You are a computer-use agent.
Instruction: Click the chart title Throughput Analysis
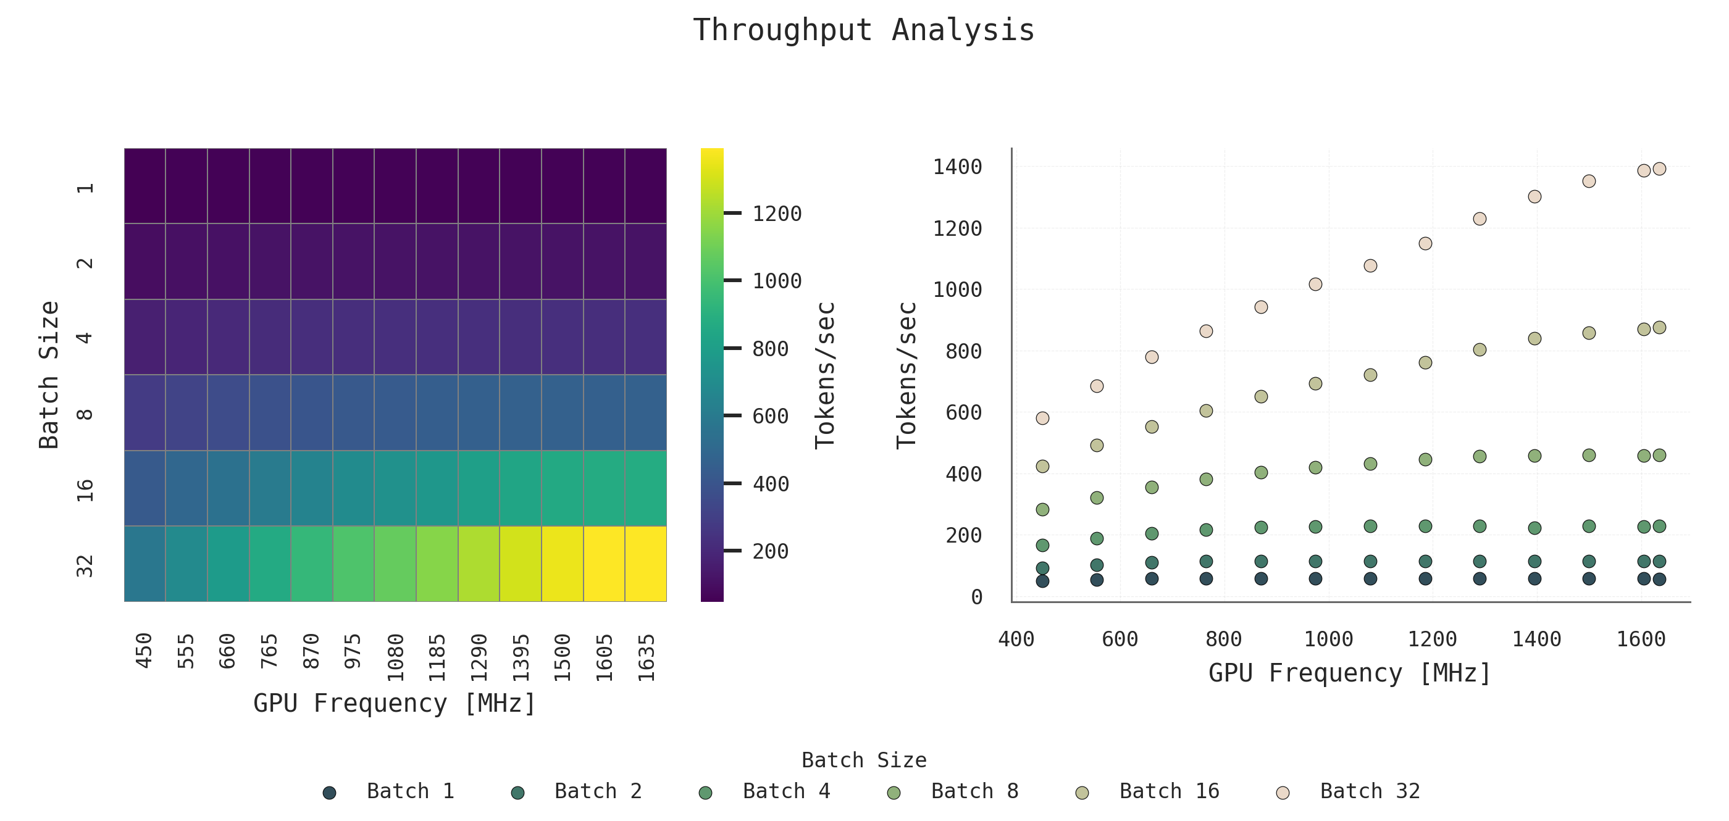click(863, 30)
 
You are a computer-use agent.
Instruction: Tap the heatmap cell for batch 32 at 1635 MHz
click(646, 564)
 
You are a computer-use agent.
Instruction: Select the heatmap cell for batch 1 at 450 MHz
click(145, 186)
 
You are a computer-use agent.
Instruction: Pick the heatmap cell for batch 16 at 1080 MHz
click(395, 488)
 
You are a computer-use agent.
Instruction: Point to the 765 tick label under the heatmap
click(269, 651)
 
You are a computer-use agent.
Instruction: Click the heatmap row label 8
click(85, 413)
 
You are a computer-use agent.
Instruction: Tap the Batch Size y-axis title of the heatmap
click(49, 374)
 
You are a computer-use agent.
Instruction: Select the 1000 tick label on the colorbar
click(777, 281)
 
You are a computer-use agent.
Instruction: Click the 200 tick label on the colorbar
click(771, 551)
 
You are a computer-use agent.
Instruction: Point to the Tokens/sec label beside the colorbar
click(825, 374)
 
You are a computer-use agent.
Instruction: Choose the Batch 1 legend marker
click(329, 793)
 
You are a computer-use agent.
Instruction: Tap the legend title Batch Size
click(864, 760)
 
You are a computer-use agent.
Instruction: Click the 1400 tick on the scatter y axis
click(957, 167)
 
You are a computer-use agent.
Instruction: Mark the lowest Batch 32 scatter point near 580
click(1042, 418)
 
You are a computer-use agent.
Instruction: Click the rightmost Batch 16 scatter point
click(1659, 327)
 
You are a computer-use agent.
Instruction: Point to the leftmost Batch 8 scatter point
click(1042, 510)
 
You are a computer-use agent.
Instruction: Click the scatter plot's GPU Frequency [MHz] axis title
click(1349, 673)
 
